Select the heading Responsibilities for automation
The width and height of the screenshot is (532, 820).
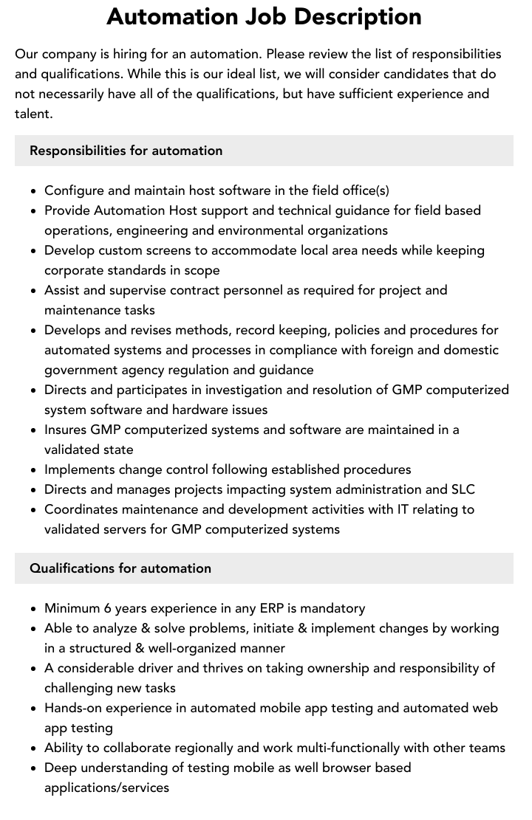(x=126, y=151)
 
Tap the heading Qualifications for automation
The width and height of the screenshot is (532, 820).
(x=120, y=568)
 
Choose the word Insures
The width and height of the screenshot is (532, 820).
(x=66, y=430)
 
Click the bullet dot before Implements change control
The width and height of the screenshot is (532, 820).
(x=34, y=470)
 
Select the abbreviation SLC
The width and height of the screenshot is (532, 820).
(x=463, y=489)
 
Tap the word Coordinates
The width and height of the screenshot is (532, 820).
(x=81, y=509)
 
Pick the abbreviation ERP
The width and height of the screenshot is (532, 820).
(x=272, y=608)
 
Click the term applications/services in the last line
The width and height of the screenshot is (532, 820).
(x=106, y=788)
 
